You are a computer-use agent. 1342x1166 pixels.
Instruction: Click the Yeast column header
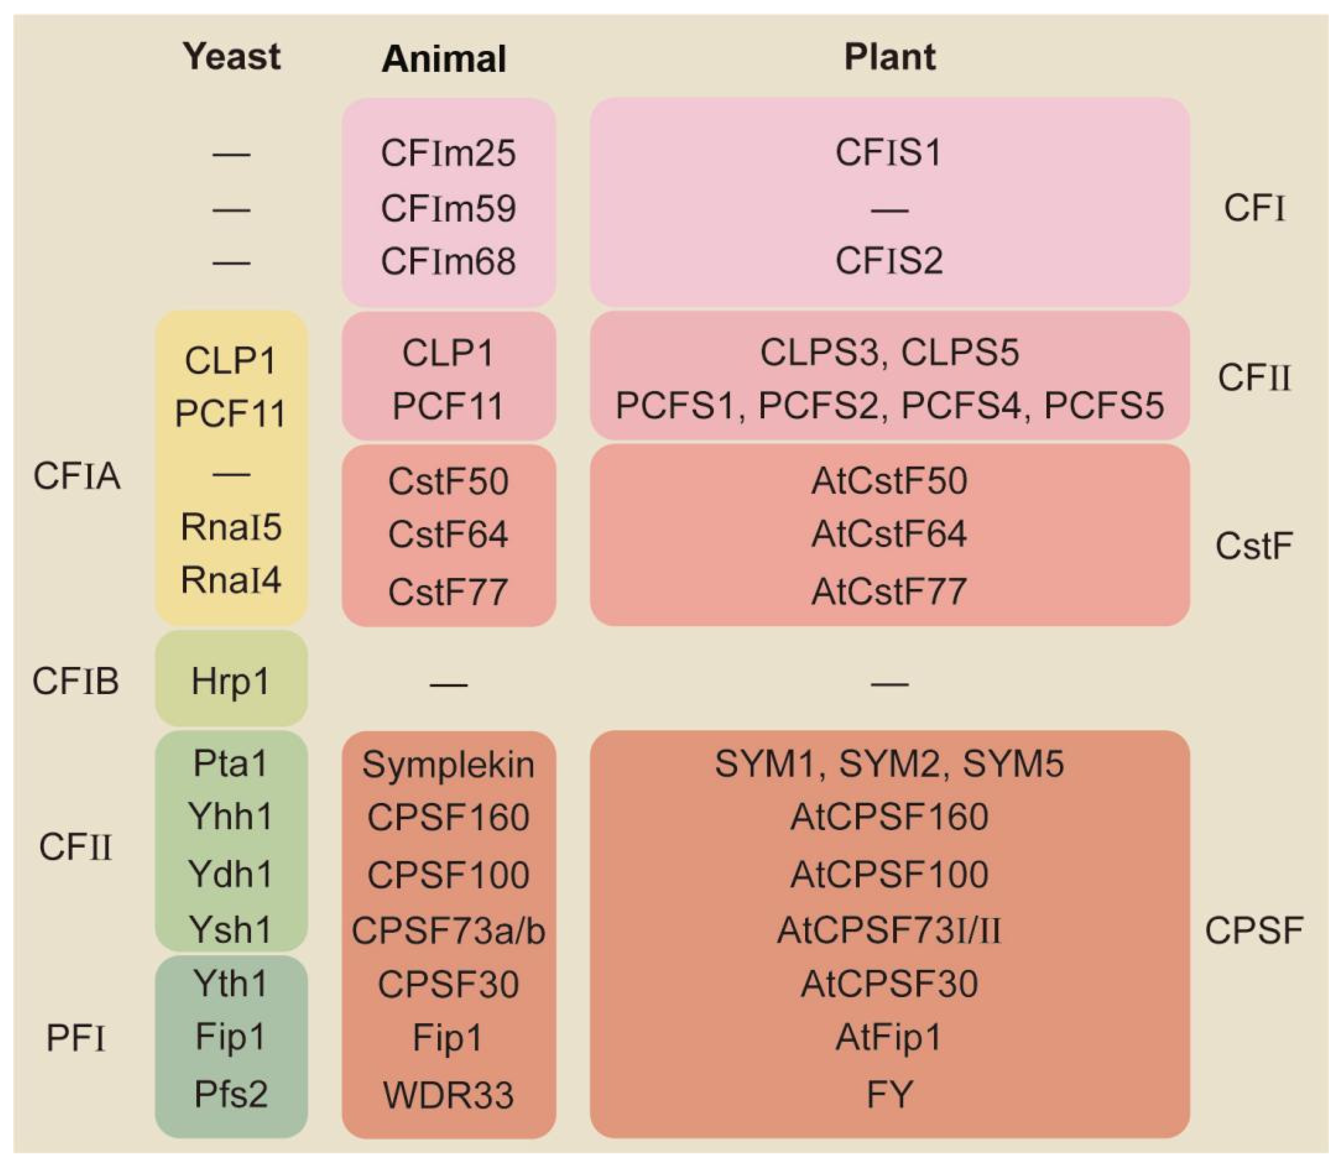tap(232, 57)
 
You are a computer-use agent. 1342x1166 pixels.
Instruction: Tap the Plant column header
tap(889, 57)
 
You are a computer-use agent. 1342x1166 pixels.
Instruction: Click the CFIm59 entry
tap(448, 209)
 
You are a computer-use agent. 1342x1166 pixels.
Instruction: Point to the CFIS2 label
tap(888, 261)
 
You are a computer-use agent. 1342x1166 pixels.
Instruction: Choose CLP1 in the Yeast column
tap(230, 361)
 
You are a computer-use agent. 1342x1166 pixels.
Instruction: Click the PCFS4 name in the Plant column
tap(961, 406)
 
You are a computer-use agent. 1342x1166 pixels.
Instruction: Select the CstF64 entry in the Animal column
tap(448, 535)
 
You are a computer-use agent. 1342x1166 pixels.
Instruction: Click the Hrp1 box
tap(231, 683)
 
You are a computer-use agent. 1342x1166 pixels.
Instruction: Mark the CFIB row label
tap(75, 682)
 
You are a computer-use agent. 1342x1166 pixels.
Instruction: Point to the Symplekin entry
tap(448, 765)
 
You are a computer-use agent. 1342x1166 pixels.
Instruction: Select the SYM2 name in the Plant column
tap(888, 764)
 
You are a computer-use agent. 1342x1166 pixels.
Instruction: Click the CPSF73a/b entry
tap(448, 931)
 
